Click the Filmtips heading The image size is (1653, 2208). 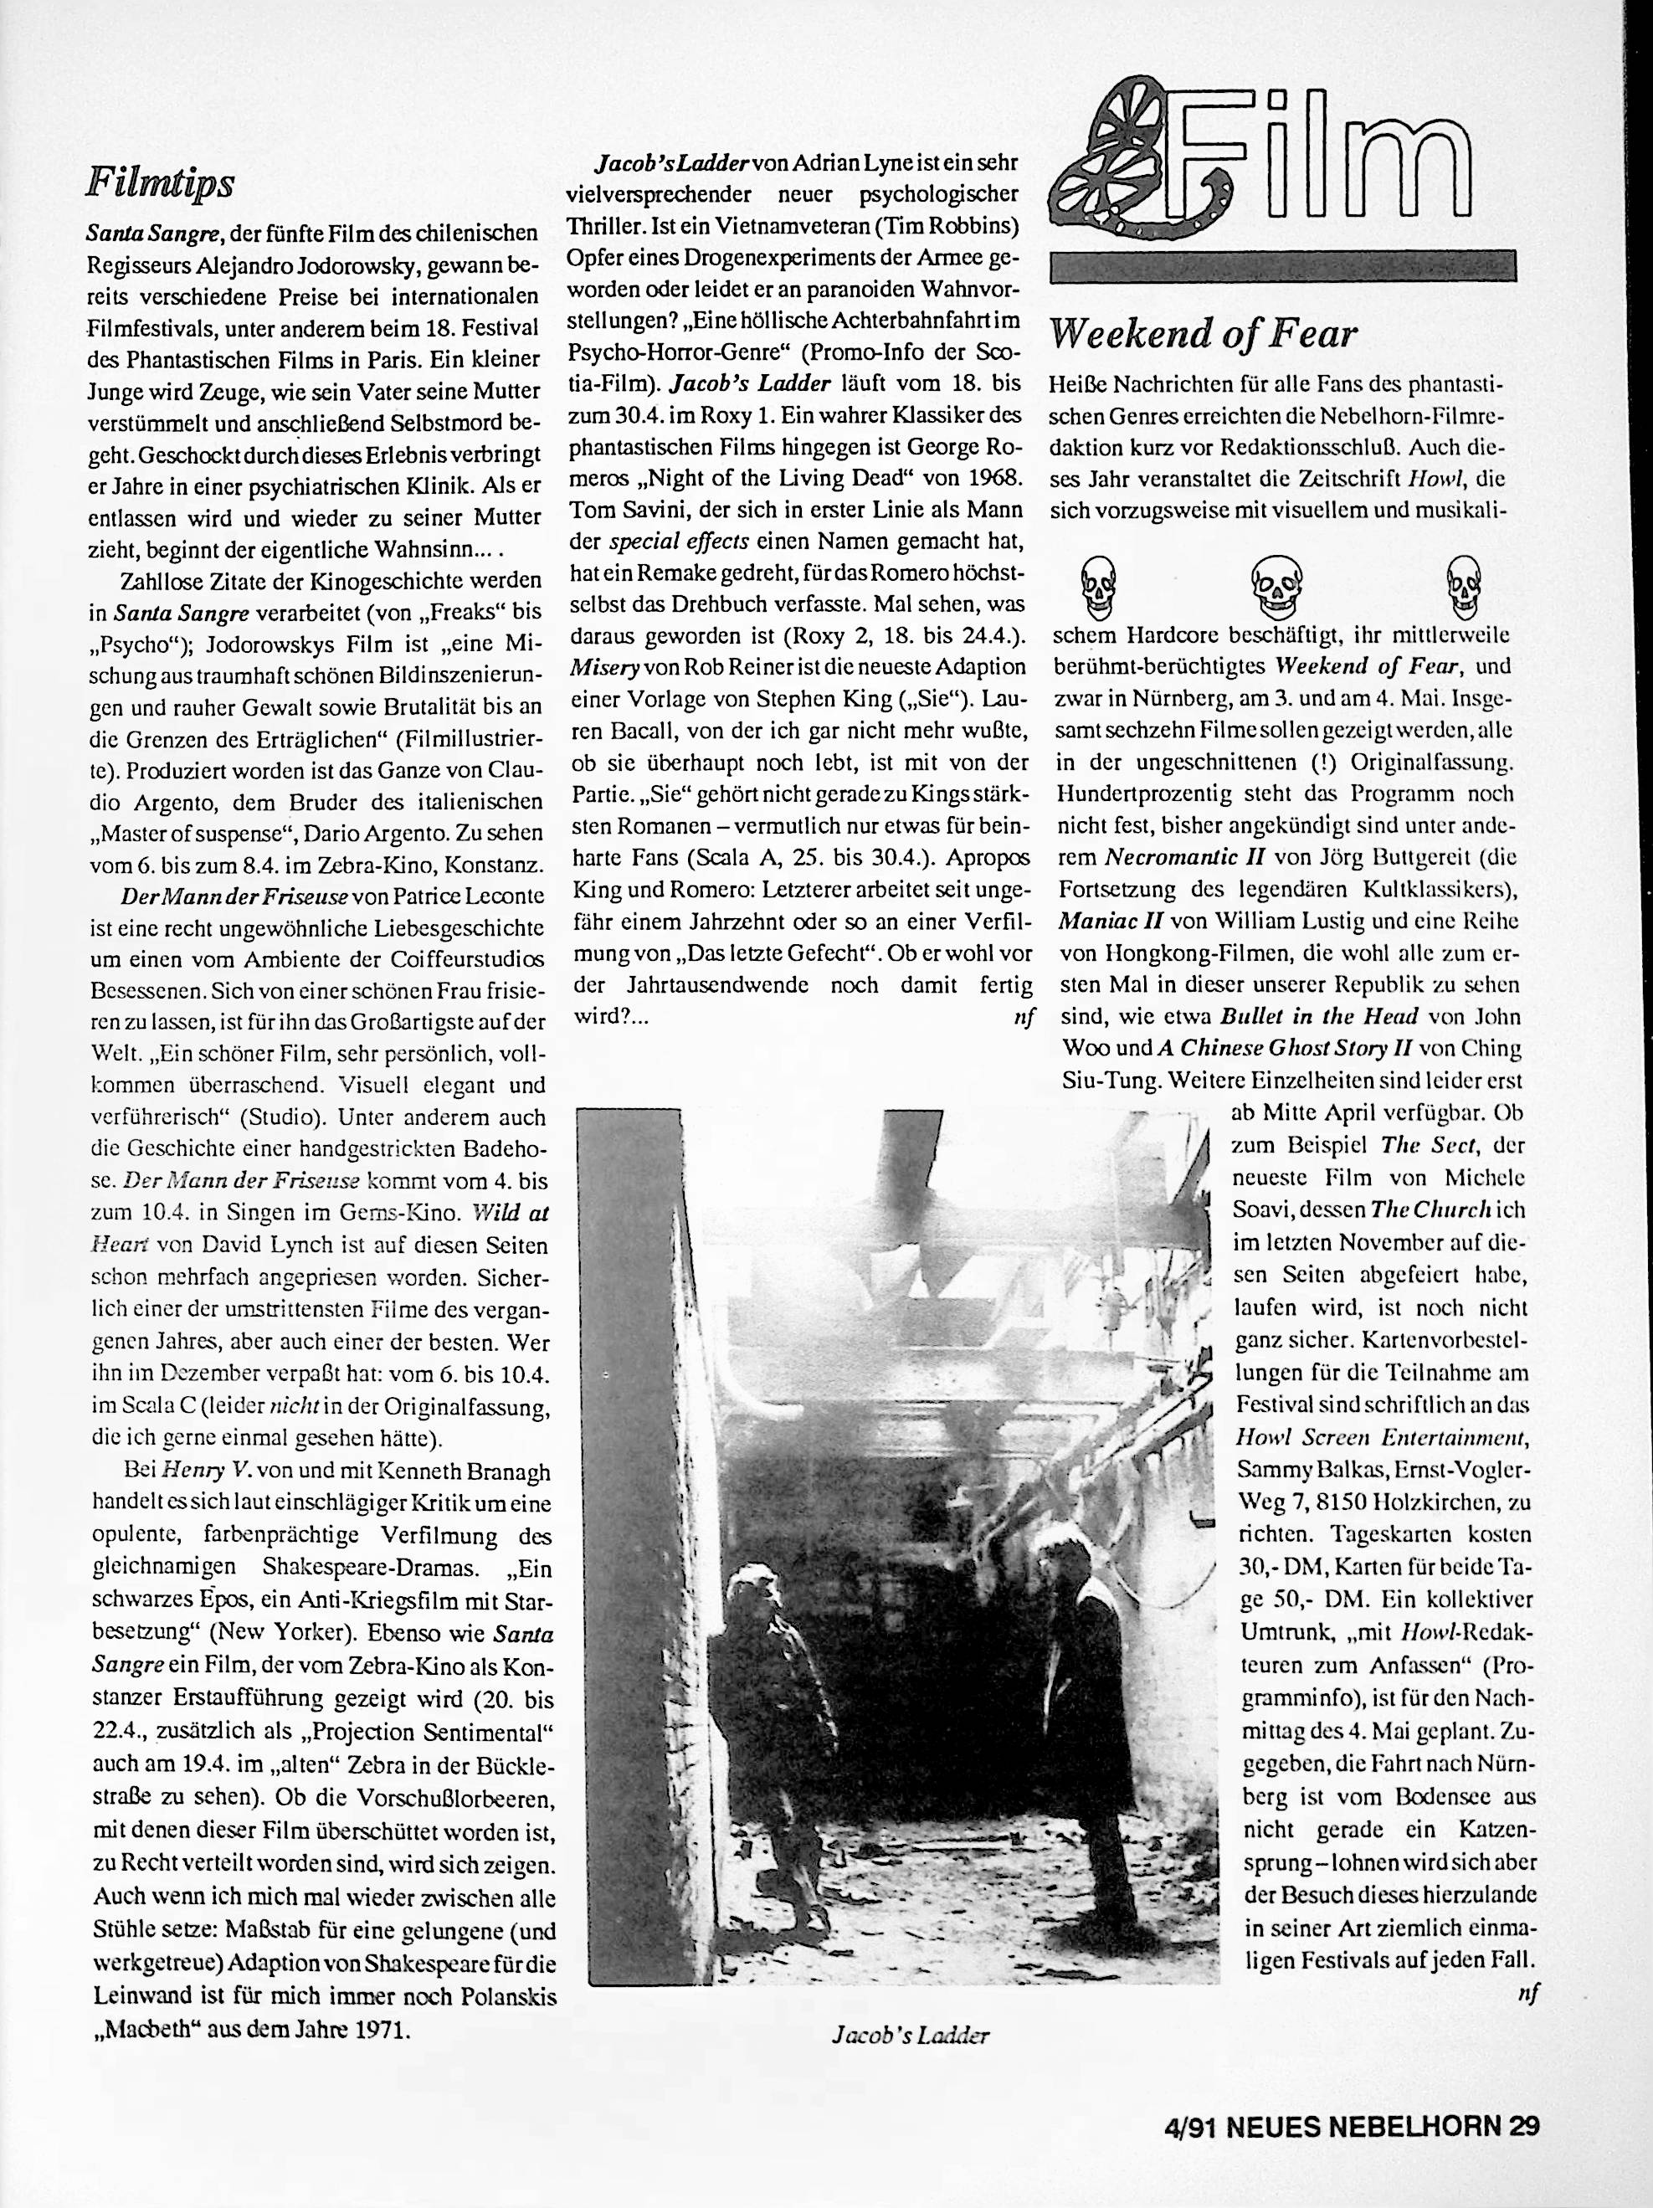pos(160,182)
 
